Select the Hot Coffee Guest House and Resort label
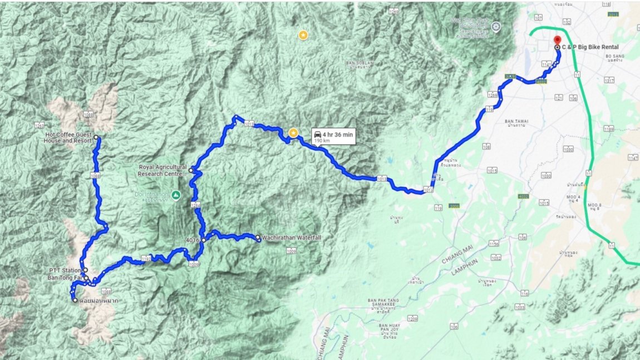(x=68, y=137)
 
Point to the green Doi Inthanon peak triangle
(x=176, y=195)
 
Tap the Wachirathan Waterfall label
(x=291, y=238)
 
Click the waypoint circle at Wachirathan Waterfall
(x=258, y=238)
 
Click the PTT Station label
(x=64, y=270)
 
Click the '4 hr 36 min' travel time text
(x=337, y=134)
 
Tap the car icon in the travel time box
(x=317, y=134)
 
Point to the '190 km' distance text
(x=322, y=141)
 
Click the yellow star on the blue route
(x=293, y=132)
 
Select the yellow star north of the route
(x=303, y=36)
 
